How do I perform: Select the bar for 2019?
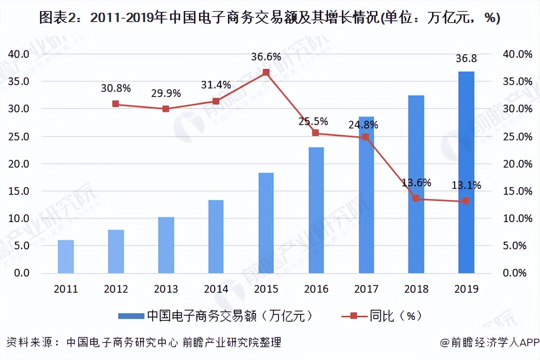[x=466, y=172]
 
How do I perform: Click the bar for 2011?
[x=66, y=257]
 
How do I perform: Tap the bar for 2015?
[x=266, y=223]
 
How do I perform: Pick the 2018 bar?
[x=416, y=184]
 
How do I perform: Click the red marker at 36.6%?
[x=266, y=72]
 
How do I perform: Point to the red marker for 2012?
[x=116, y=104]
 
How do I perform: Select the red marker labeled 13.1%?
[x=466, y=201]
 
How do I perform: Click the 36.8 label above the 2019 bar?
[x=466, y=59]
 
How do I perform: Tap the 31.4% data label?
[x=216, y=85]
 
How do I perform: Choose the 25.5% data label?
[x=313, y=121]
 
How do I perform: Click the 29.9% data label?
[x=166, y=93]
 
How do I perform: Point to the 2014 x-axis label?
[x=216, y=289]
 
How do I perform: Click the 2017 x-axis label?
[x=366, y=289]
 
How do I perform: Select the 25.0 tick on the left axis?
[x=19, y=137]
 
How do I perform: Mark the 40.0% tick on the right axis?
[x=517, y=54]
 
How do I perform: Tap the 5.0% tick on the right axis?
[x=517, y=246]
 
